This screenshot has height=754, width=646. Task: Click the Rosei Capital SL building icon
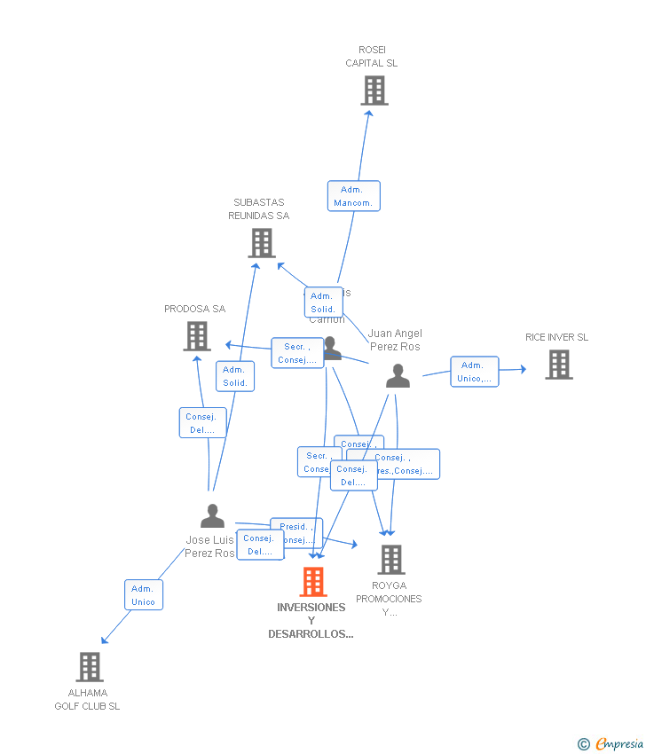[374, 90]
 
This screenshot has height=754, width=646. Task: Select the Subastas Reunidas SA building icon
[262, 243]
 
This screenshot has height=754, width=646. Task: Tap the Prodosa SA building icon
[197, 336]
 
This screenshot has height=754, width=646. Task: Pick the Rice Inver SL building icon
[558, 365]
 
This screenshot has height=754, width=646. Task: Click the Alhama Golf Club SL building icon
[90, 667]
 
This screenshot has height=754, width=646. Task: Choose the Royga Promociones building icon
[391, 560]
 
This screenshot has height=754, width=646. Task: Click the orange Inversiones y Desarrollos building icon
[313, 582]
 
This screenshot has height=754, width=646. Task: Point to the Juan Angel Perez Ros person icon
[398, 376]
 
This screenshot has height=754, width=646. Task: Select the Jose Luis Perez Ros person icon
[213, 515]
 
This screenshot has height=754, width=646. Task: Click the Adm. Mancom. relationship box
[353, 196]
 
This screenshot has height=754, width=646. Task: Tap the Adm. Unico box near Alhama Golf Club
[143, 595]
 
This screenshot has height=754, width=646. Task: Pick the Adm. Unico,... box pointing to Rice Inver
[474, 372]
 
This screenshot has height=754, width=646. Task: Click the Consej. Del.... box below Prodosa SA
[202, 423]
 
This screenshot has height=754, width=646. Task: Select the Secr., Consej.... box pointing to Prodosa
[297, 353]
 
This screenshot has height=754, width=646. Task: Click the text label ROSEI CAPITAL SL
[372, 57]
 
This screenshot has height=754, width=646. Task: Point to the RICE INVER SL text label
[556, 337]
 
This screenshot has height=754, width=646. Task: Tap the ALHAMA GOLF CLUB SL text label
[87, 700]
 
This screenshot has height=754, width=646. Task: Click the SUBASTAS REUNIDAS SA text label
[259, 209]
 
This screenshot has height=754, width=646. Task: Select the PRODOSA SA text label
[195, 309]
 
